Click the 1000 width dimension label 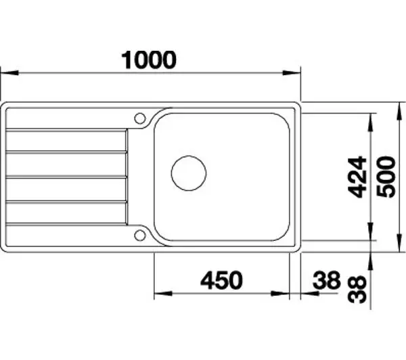(149, 60)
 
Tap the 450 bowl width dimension (222, 280)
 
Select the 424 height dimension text (357, 177)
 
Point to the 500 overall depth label (386, 177)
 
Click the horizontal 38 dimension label (327, 280)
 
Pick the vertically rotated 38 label (357, 290)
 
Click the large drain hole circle (189, 173)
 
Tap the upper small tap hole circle (140, 118)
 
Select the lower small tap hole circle (140, 235)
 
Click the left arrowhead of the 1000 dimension (9, 73)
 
